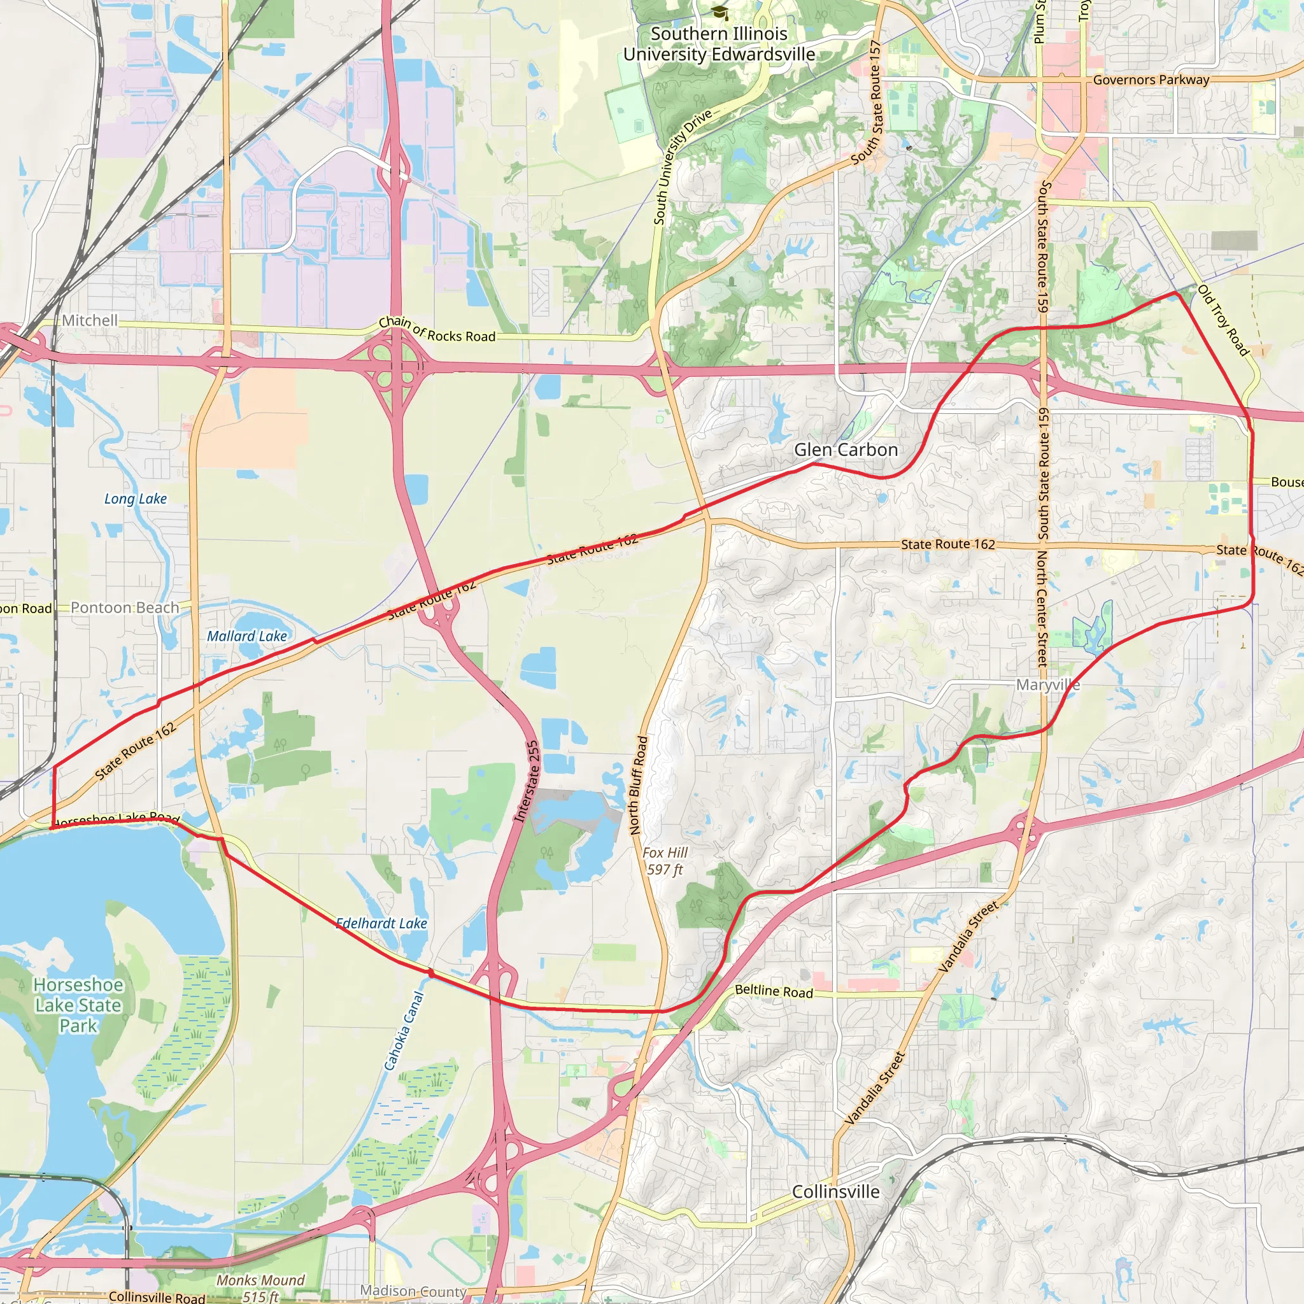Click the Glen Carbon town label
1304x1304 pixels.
[x=845, y=450]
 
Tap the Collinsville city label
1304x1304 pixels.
[x=835, y=1191]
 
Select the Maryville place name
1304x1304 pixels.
[x=1047, y=685]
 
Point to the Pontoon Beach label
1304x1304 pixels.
[x=125, y=607]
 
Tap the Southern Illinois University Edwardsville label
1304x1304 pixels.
[x=719, y=44]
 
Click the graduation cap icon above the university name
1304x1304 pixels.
[x=720, y=12]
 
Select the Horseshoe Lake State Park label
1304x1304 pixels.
[x=78, y=1005]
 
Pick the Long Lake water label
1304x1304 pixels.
[x=136, y=498]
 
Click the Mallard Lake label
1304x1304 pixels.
[x=247, y=636]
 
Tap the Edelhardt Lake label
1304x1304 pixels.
[x=382, y=923]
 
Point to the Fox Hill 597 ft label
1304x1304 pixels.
[x=665, y=861]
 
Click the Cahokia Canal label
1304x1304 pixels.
[x=404, y=1031]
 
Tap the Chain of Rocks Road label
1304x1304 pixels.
[x=437, y=329]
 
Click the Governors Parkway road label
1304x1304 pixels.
[x=1151, y=80]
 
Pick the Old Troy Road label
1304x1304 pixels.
[x=1223, y=320]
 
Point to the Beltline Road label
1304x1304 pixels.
[x=774, y=991]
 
